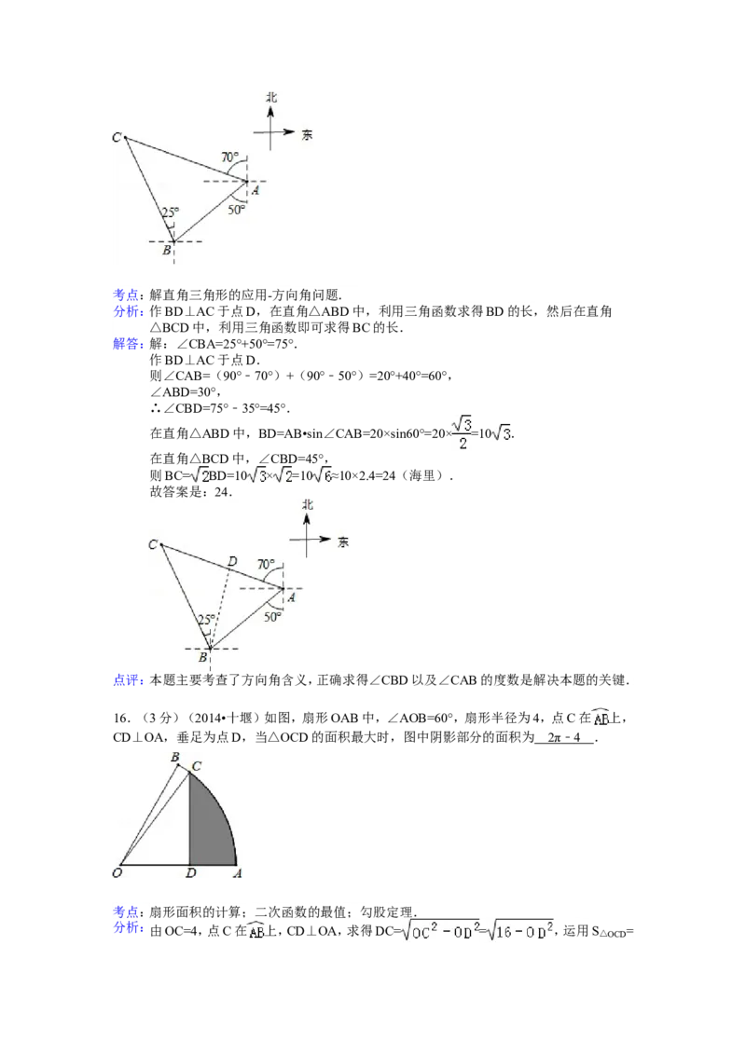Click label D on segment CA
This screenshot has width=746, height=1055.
(233, 561)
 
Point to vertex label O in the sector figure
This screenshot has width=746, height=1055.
(117, 873)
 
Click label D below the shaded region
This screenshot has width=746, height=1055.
(190, 874)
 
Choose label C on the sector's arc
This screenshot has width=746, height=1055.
(196, 765)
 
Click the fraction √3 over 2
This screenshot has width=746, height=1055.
(462, 432)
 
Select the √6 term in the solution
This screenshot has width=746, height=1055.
(321, 474)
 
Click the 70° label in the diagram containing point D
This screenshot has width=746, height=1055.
(266, 565)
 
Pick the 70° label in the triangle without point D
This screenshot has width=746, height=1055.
(230, 158)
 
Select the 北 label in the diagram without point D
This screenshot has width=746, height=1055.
(271, 96)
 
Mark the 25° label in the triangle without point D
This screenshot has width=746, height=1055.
(170, 212)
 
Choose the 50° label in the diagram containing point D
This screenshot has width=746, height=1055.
(272, 616)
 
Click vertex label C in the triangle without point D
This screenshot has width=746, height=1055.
(117, 138)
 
